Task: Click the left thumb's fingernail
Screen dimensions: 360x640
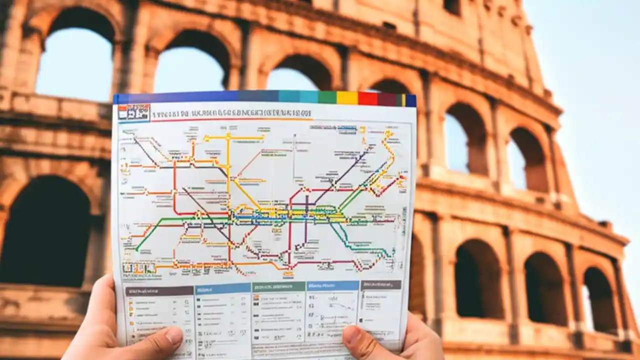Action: click(x=173, y=335)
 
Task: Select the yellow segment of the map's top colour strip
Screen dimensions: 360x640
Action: click(x=347, y=97)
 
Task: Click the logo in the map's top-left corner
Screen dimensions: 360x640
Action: click(x=133, y=112)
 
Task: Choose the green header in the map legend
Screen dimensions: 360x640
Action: click(x=278, y=286)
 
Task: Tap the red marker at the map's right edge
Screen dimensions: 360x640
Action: click(x=400, y=176)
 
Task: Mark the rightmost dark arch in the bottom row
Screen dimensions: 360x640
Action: click(x=600, y=300)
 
